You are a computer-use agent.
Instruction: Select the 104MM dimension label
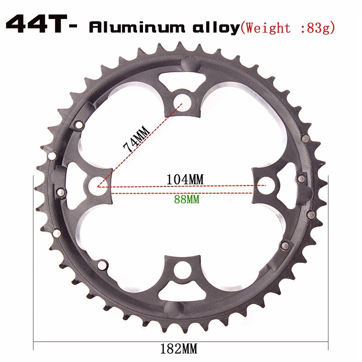pos(186,179)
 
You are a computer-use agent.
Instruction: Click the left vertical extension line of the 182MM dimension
pos(34,262)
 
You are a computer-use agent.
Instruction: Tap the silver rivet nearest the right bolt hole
pos(299,179)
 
